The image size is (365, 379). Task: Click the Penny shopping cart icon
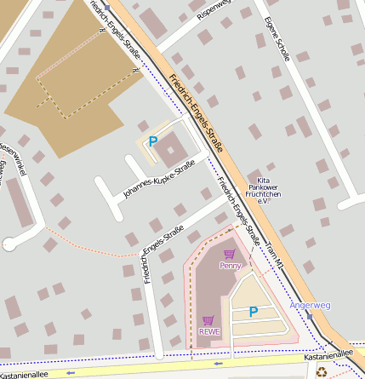229,254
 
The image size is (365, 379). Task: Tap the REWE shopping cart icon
208,320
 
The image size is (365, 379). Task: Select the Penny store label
230,265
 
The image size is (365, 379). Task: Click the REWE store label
209,331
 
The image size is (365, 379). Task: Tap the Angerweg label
310,304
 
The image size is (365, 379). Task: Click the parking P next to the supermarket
253,312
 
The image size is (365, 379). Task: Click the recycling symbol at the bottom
321,371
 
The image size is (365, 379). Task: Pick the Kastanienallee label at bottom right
328,353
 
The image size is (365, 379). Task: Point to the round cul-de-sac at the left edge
9,243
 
